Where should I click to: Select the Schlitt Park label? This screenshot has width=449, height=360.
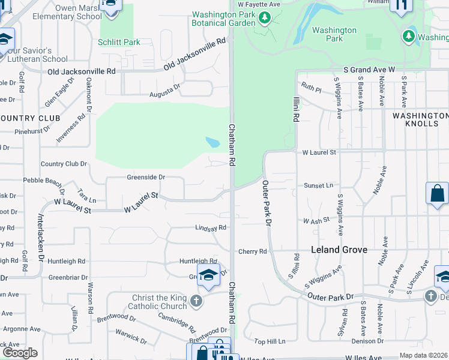point(119,42)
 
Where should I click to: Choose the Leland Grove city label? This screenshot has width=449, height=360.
point(339,250)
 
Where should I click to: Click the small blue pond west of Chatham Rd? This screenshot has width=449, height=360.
point(212,142)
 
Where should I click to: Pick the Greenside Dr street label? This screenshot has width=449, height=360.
point(145,177)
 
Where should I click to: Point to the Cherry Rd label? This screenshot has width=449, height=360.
point(252,251)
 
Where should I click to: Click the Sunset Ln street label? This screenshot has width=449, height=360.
point(318,185)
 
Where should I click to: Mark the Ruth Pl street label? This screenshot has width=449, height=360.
point(312,86)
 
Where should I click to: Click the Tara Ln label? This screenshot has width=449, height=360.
point(87,199)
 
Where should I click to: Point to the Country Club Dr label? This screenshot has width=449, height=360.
point(64,164)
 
